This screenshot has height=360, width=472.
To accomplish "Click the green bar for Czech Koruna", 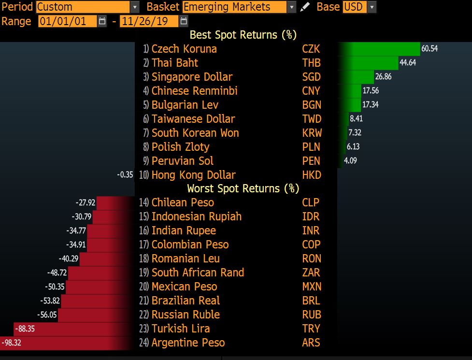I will pos(379,49).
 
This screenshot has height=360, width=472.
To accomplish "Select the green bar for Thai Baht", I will pos(368,63).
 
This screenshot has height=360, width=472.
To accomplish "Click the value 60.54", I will pos(429,49).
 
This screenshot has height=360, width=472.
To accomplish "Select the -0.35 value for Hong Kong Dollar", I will pos(125,175).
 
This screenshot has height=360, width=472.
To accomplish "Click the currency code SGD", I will pos(311,77).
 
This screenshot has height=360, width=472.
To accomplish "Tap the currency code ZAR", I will pos(311,273).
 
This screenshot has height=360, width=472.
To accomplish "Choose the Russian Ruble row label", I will pos(186,315).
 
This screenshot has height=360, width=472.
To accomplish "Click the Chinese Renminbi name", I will pos(194,91).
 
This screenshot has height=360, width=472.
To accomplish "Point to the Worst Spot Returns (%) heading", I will pos(243,188).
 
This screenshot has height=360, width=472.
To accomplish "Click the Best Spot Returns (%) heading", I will pos(243,35).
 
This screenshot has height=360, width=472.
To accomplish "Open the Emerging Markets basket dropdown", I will pos(291,7).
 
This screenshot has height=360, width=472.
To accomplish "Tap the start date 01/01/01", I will pos(67,21).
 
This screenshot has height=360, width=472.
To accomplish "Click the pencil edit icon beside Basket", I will pos(305,7).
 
